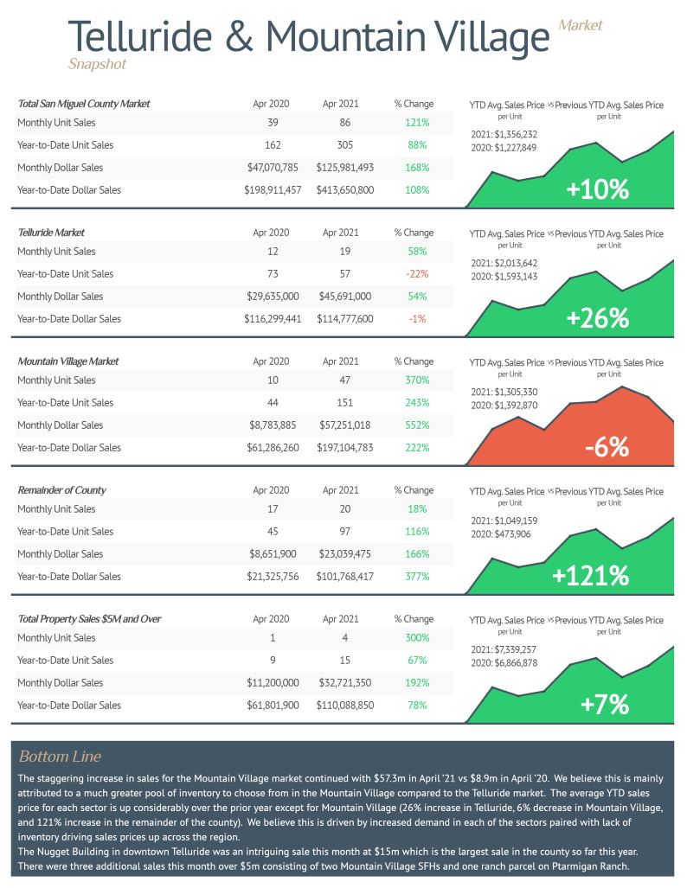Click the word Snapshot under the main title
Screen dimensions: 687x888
tap(97, 64)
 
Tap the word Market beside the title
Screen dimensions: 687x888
tap(580, 25)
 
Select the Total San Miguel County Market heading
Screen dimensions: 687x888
tap(83, 104)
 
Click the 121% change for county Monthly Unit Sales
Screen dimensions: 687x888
tap(417, 122)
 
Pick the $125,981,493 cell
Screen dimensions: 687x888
tap(344, 168)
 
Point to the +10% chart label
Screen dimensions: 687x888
tap(597, 189)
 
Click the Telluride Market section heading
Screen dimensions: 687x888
tap(51, 233)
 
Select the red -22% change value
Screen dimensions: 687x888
tap(417, 273)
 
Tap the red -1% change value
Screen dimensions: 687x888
tap(417, 319)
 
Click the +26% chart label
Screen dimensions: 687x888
tap(597, 317)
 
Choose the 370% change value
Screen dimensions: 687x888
tap(417, 380)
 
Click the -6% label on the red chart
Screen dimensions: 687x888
tap(607, 447)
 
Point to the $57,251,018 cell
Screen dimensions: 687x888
tap(344, 425)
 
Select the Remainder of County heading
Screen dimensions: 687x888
tap(61, 490)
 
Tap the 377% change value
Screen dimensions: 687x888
tap(417, 577)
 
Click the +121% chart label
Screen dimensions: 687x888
tap(590, 575)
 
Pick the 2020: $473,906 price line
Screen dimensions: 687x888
tap(501, 534)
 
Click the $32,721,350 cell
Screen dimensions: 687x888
tap(344, 683)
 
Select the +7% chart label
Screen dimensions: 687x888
tap(605, 705)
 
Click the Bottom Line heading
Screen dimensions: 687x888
tap(60, 756)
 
